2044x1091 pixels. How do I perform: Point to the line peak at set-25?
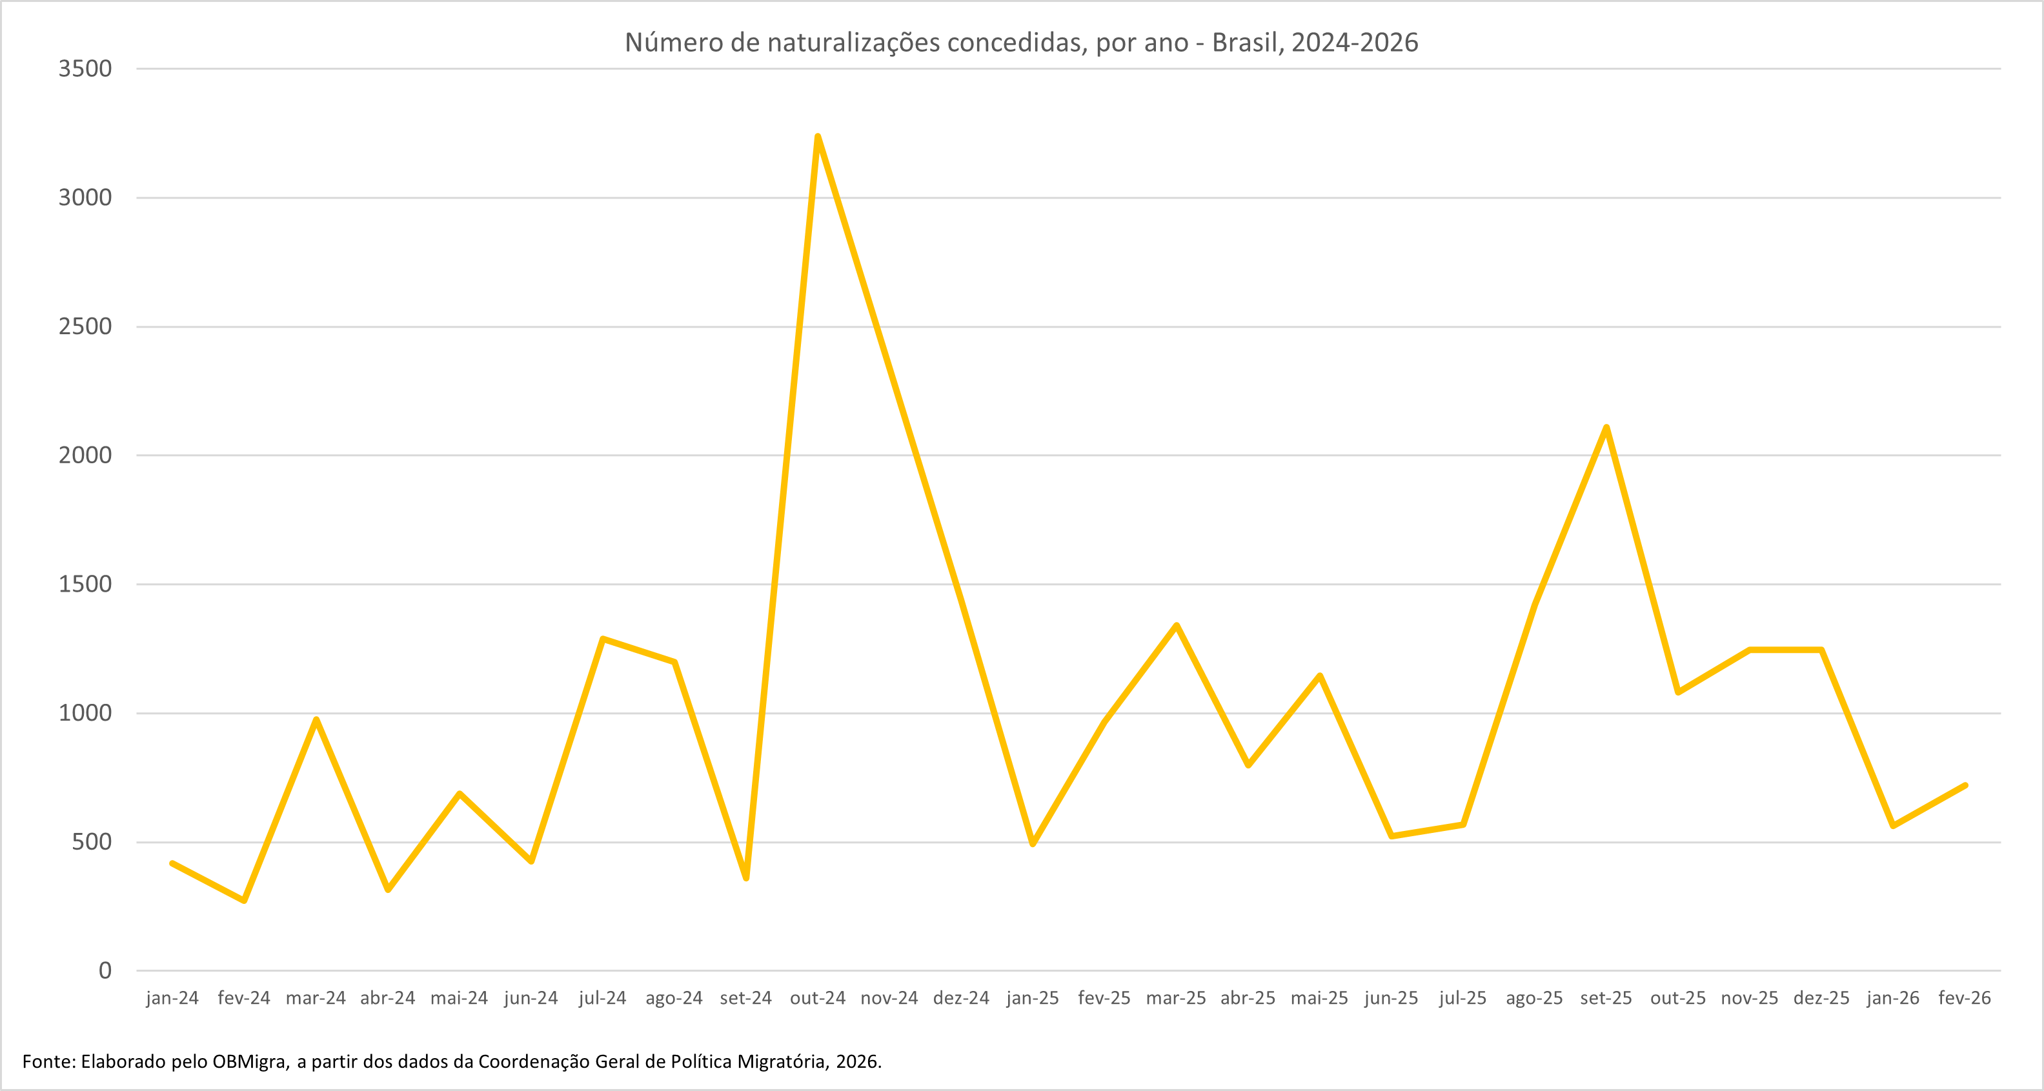click(x=1606, y=428)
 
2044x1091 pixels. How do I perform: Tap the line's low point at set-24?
click(x=746, y=878)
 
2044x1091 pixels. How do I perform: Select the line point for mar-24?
click(x=316, y=719)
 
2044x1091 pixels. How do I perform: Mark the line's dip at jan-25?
click(x=1032, y=845)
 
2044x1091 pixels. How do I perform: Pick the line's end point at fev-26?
click(x=1965, y=786)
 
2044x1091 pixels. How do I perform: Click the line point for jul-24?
click(x=603, y=639)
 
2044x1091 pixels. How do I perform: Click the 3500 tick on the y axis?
click(x=85, y=69)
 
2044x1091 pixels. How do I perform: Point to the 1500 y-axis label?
click(x=85, y=585)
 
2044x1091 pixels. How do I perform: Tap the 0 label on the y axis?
click(x=105, y=970)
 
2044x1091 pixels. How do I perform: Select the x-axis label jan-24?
click(x=172, y=998)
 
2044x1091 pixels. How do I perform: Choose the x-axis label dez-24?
click(x=961, y=998)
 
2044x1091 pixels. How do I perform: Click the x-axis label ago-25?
click(x=1533, y=998)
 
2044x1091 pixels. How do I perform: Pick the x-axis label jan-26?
click(x=1892, y=998)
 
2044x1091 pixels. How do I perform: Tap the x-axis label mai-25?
click(x=1319, y=998)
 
